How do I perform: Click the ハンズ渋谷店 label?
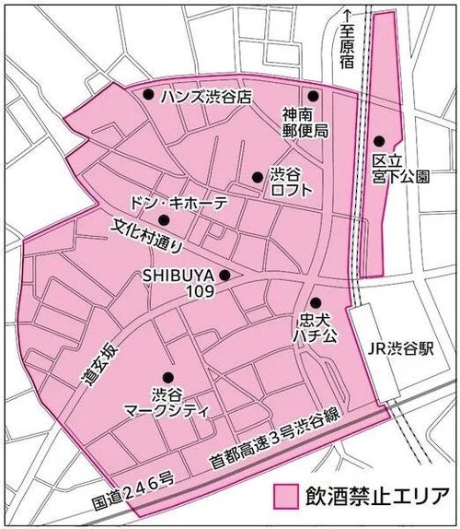(204, 95)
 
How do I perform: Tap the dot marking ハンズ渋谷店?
(148, 94)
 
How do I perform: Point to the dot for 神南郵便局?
(313, 96)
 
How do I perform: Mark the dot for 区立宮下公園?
(379, 141)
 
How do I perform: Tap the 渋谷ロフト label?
(290, 181)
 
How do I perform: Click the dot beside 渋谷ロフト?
(257, 177)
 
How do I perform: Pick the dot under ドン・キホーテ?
(164, 219)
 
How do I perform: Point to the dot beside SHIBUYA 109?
(224, 274)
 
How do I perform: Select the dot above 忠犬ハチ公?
(314, 302)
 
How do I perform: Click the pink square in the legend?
(288, 495)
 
